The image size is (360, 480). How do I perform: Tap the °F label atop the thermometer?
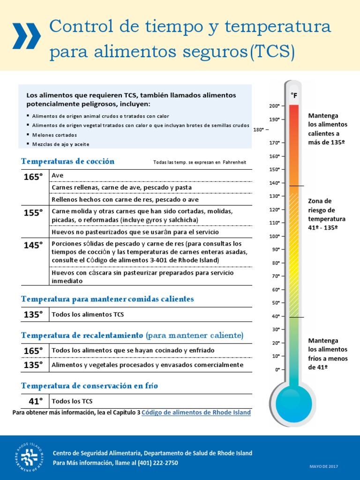pos(294,95)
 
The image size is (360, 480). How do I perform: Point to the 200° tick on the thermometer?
pos(275,106)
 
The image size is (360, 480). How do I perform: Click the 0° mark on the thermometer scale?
pos(277,370)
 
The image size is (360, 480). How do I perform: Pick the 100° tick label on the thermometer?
pos(275,236)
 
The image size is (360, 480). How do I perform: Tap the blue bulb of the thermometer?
pos(293,403)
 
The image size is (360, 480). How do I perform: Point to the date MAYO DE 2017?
pos(323,466)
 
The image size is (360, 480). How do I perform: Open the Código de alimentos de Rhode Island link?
pos(196,412)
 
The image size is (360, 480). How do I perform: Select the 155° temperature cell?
pos(33,212)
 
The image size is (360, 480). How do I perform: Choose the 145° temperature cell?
pos(33,245)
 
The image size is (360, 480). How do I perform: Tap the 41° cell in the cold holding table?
pos(33,401)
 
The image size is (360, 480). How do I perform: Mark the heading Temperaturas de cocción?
pos(68,161)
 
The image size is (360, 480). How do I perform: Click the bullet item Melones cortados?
pos(54,135)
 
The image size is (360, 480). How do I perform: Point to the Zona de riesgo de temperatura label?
pos(326,214)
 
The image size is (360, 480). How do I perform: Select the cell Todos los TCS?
pos(72,401)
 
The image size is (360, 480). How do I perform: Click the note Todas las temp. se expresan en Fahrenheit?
pos(200,163)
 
